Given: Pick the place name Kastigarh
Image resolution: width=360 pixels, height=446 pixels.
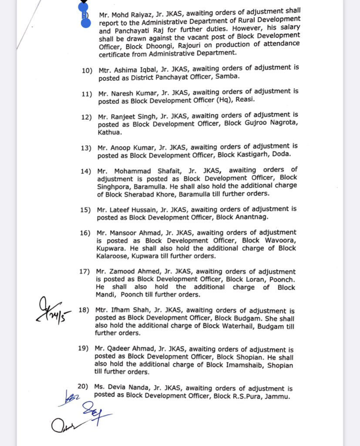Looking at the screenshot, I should [256, 155].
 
